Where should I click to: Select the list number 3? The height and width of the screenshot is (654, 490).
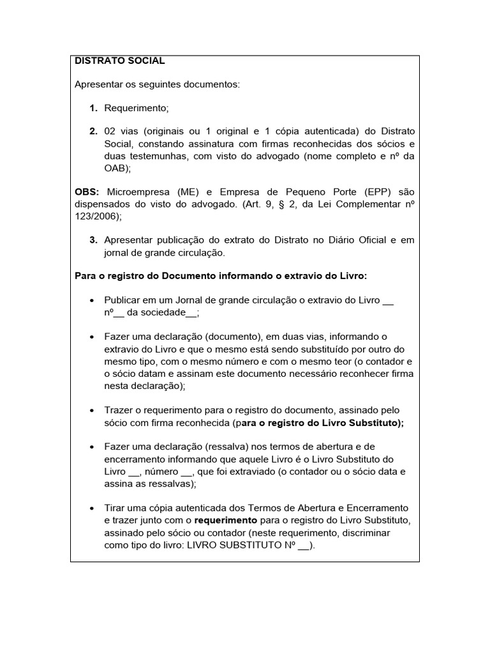[93, 240]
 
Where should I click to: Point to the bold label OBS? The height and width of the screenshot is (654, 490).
[87, 192]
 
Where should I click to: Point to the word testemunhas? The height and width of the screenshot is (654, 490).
[160, 156]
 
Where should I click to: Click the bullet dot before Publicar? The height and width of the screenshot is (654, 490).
[93, 300]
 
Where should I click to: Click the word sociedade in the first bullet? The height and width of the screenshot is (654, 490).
[161, 312]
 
